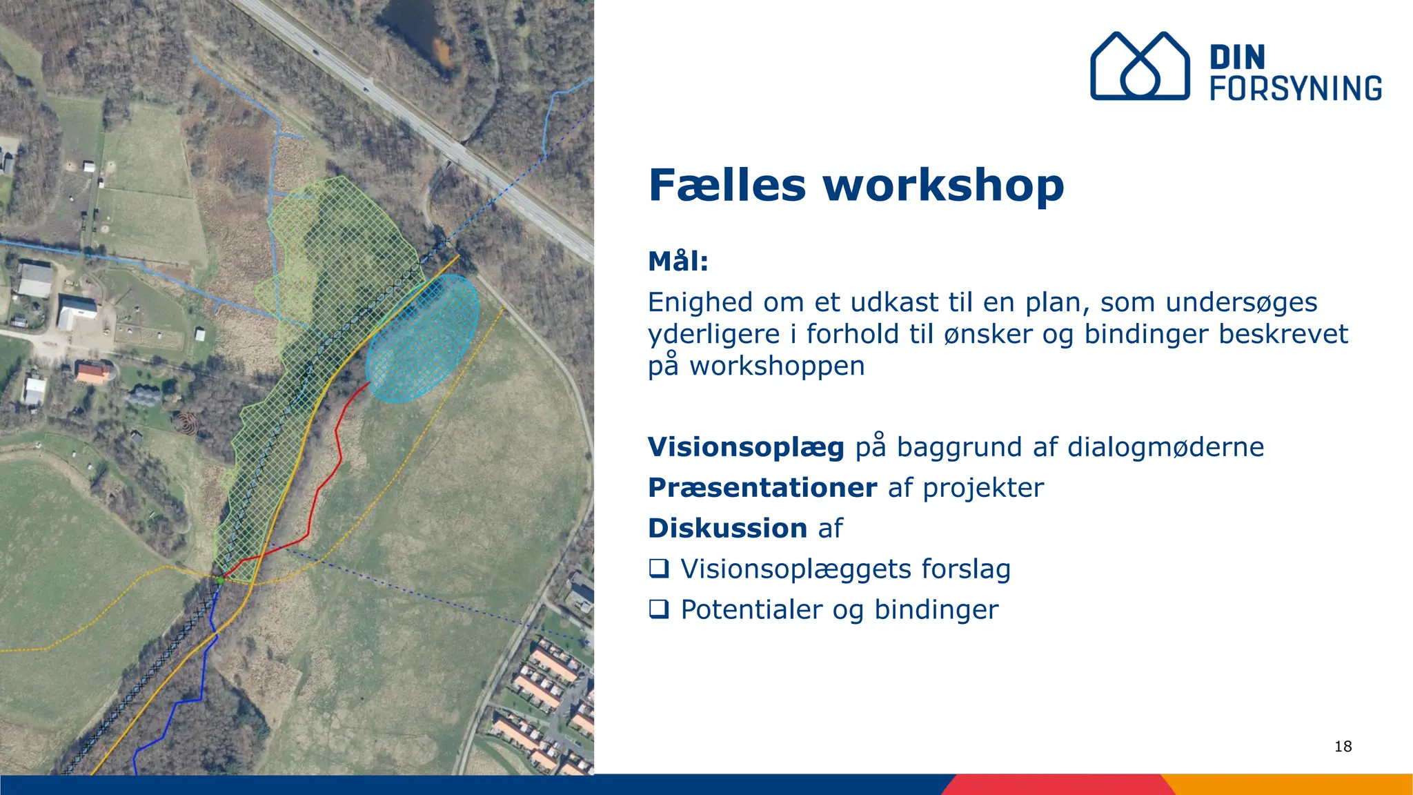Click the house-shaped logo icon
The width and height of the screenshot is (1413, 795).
pos(1140,67)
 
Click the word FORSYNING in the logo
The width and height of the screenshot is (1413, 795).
pos(1296,89)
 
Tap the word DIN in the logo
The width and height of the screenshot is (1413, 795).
pos(1237,58)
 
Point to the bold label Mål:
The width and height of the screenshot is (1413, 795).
pos(678,262)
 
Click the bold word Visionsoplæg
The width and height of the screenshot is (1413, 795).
pos(746,447)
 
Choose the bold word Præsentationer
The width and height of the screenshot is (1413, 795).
pos(762,488)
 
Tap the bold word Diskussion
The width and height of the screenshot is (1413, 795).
pos(727,529)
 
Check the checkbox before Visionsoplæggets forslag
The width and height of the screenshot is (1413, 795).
pos(659,569)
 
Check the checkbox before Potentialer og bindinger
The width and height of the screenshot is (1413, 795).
pos(659,609)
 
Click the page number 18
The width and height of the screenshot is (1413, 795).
pos(1343,746)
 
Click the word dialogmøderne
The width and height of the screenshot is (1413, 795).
pos(1165,447)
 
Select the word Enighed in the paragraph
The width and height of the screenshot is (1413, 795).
pos(700,302)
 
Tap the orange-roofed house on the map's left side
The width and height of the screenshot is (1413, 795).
pos(91,373)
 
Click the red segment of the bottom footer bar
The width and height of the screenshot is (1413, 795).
pos(1056,785)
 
